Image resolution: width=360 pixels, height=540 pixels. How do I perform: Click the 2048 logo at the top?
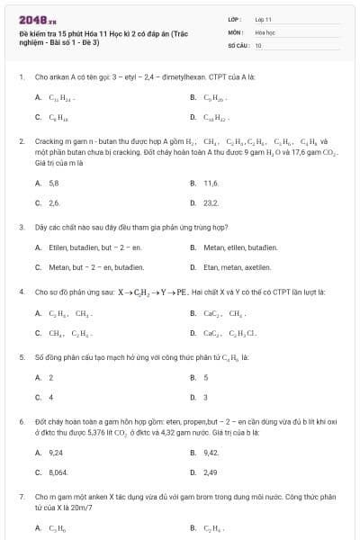(x=35, y=20)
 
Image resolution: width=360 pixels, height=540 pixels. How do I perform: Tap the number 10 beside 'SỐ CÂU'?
(x=258, y=44)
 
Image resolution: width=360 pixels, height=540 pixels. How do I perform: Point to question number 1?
(x=21, y=76)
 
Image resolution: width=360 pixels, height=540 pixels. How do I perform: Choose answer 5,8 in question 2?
(x=54, y=183)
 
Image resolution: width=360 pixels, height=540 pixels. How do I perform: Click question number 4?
(x=21, y=292)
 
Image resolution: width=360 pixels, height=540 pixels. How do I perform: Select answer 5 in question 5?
(x=206, y=377)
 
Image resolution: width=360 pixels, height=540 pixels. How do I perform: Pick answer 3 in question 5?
(x=206, y=397)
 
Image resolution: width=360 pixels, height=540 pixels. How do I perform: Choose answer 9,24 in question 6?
(x=56, y=452)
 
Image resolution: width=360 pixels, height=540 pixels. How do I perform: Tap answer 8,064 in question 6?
(x=58, y=472)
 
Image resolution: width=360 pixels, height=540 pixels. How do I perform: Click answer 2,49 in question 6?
(x=211, y=472)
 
